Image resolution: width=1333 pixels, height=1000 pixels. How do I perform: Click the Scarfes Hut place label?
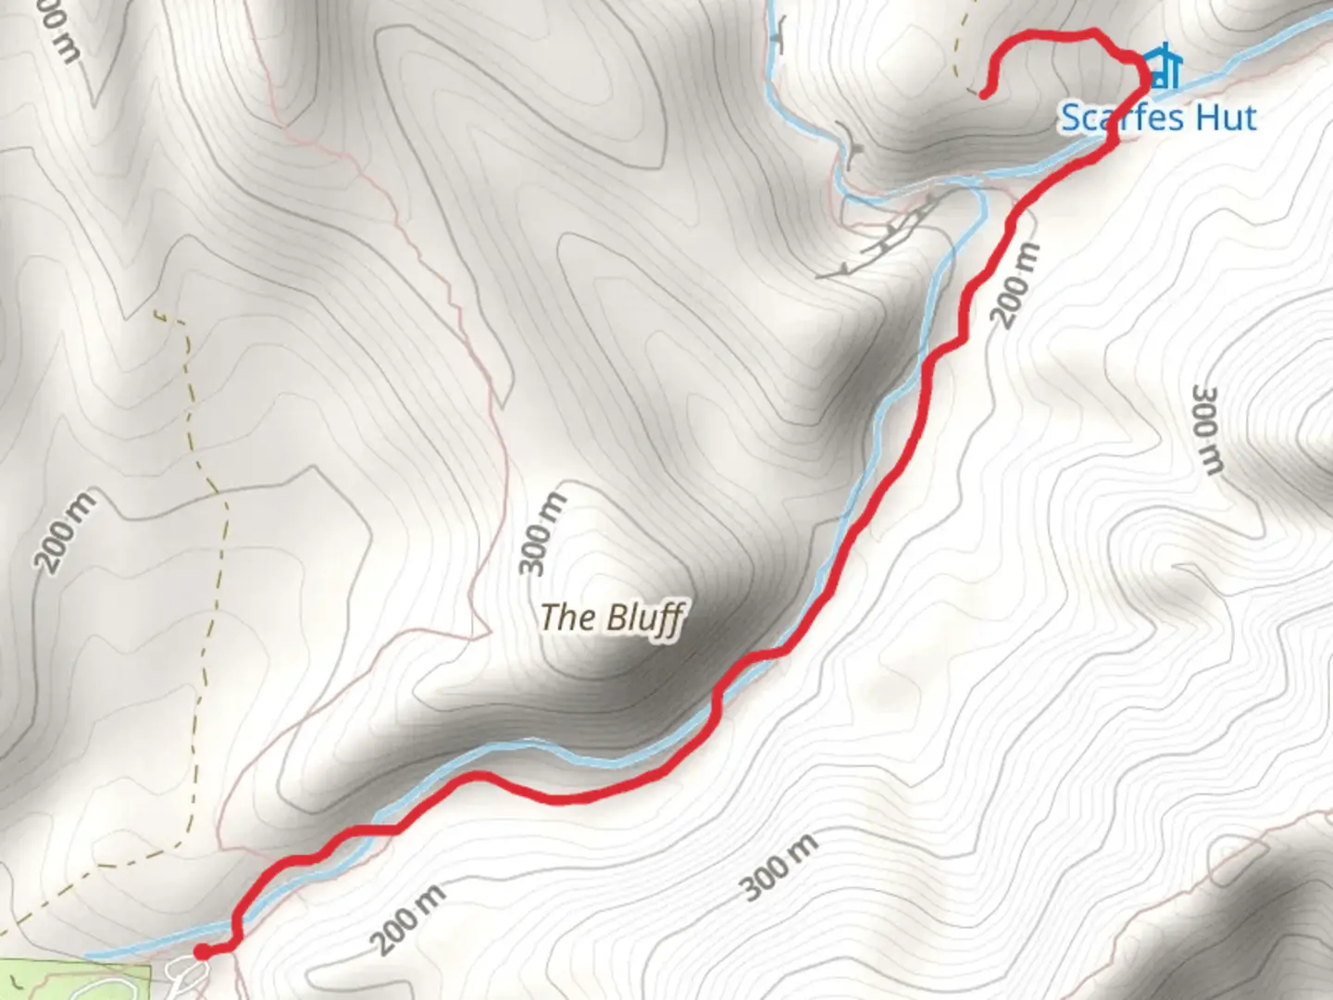coord(1158,119)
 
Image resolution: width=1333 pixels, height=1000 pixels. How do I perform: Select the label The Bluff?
coord(612,618)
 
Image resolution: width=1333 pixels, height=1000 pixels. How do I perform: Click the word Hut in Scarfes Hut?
coord(1225,119)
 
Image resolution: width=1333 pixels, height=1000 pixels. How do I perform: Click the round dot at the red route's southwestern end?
coord(202,951)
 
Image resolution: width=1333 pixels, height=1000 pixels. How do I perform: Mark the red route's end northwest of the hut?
coord(984,94)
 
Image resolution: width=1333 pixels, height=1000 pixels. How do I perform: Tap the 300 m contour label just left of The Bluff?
coord(543,534)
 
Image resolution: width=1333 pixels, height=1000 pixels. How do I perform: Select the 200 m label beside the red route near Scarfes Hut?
coord(1016,285)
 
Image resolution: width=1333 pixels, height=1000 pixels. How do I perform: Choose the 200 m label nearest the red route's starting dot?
coord(408,919)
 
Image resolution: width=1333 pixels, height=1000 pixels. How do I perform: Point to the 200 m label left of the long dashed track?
coord(66,531)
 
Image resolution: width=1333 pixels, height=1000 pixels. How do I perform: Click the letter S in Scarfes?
coord(1072,119)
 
